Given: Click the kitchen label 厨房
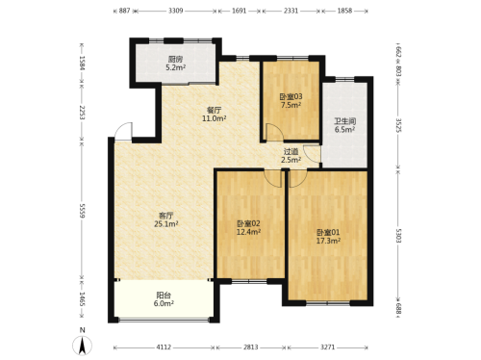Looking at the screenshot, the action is [x=175, y=59].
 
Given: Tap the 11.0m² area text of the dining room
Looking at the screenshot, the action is [x=215, y=118].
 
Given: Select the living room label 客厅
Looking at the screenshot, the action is [x=166, y=216].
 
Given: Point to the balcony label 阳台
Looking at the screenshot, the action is [x=164, y=295].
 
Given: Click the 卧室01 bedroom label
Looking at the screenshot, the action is [x=328, y=232].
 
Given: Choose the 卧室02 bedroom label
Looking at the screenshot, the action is [x=248, y=223].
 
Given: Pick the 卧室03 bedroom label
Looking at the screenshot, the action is [x=291, y=96].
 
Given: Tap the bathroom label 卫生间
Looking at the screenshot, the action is [x=345, y=121].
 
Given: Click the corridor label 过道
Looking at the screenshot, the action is [x=291, y=151].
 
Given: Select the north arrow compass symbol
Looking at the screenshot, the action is [x=83, y=346].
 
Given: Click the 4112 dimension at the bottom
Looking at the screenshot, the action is [x=164, y=347].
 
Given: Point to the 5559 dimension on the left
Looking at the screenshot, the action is [x=82, y=211].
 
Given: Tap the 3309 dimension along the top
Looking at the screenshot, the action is [x=175, y=11].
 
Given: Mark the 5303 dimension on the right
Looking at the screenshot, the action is [x=398, y=236].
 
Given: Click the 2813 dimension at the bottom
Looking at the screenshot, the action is [x=250, y=347].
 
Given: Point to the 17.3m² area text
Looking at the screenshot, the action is [x=328, y=241].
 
